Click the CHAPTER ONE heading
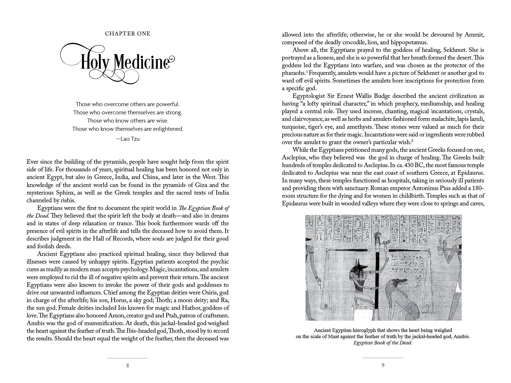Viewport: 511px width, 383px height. (x=128, y=34)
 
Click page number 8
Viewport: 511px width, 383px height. (x=128, y=365)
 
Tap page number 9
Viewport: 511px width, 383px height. (x=383, y=365)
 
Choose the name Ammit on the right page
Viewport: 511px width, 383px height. (x=474, y=35)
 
